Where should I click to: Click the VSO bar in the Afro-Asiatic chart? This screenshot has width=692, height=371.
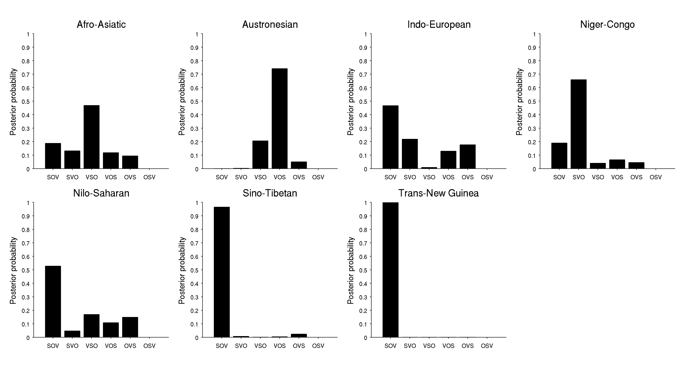92,137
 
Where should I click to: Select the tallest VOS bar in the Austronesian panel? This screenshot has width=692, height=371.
280,119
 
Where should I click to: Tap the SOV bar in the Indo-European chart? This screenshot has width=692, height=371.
391,137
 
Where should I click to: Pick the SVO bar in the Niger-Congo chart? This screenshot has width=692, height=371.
579,124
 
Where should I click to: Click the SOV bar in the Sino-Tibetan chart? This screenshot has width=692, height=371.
222,272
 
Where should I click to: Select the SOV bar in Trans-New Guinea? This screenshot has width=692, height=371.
391,270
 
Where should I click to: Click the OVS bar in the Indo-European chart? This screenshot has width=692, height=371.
468,156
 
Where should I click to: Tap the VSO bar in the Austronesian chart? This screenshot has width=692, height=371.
260,155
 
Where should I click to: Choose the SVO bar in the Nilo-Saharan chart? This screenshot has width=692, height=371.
72,334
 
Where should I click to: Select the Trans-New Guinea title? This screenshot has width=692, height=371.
438,193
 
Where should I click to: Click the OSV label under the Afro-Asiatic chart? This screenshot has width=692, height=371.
149,177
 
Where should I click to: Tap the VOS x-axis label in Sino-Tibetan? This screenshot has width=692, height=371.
280,346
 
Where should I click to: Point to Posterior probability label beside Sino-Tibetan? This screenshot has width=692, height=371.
182,270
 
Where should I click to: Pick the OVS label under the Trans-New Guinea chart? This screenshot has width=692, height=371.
468,346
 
